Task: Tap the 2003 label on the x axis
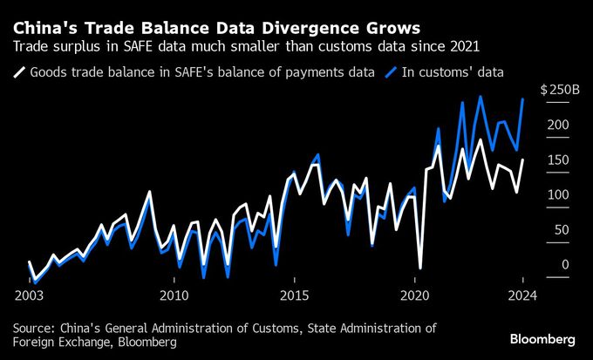[29, 295]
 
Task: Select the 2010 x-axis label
[174, 295]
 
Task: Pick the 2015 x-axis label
[295, 295]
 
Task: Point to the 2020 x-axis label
[415, 295]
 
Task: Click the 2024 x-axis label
[521, 295]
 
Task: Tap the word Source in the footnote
[33, 329]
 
